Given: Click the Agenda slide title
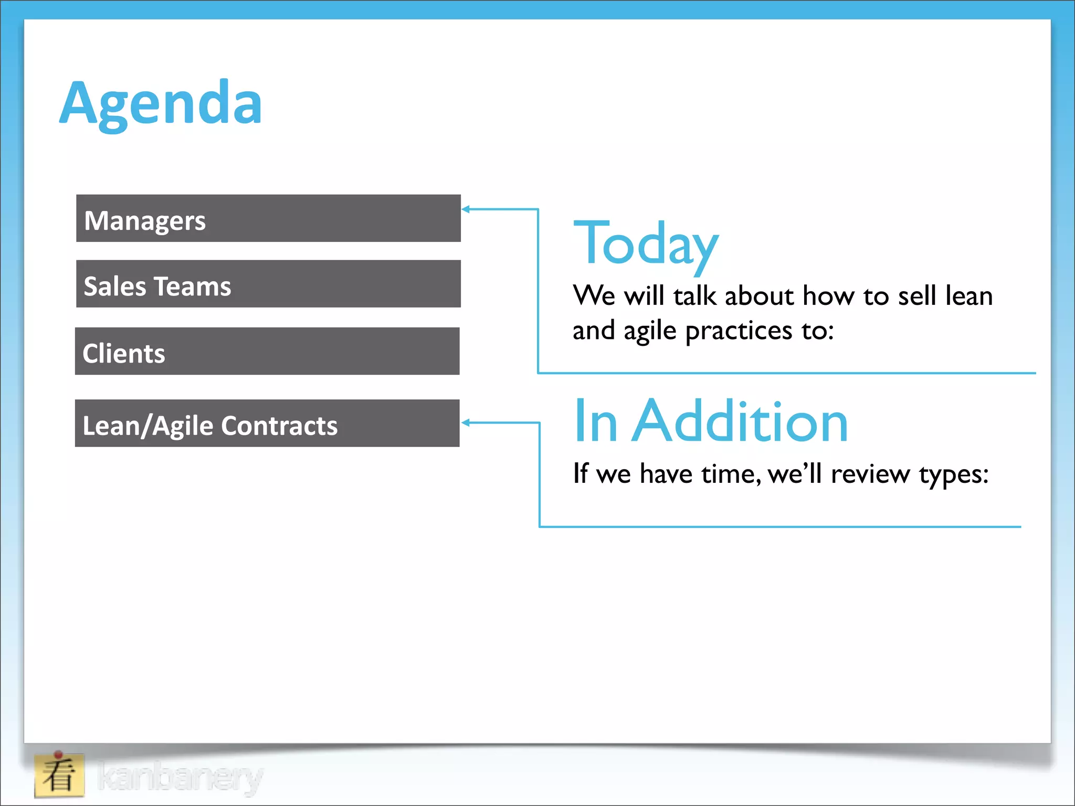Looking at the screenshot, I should pos(161,103).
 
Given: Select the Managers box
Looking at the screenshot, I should pos(268,218).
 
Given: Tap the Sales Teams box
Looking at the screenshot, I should pos(268,284).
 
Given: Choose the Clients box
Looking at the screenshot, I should pos(267,351).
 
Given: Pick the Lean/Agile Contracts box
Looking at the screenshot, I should pos(267,423).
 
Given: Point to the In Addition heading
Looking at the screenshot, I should pos(711,421).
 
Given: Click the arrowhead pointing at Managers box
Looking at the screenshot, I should pos(466,209).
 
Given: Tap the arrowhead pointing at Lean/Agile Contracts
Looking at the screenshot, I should pos(466,422).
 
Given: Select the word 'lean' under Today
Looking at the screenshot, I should pos(969,295).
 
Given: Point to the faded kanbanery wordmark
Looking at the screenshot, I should pos(180,777).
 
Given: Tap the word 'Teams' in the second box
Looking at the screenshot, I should pos(193,287).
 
